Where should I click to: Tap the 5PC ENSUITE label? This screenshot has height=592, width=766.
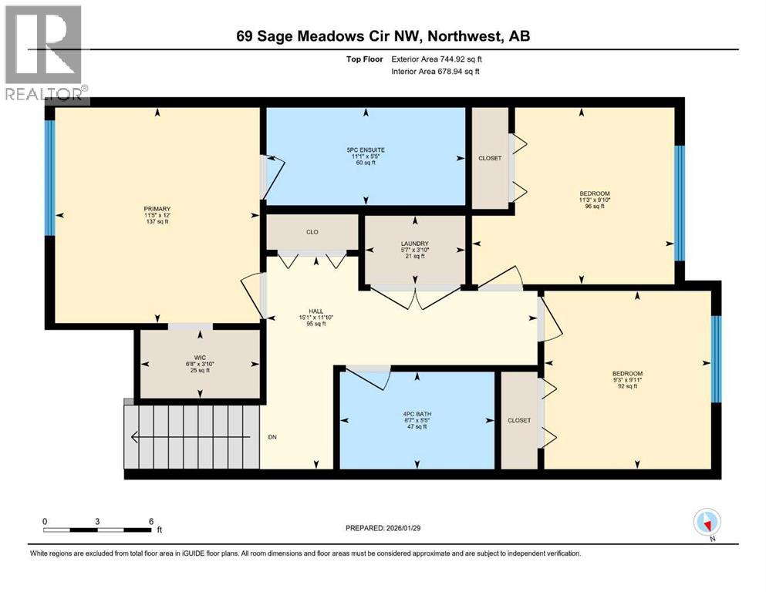tap(365, 150)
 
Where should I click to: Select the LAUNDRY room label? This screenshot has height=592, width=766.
tap(414, 244)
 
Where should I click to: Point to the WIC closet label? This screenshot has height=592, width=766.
tap(199, 356)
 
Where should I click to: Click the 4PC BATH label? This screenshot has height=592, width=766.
tap(417, 414)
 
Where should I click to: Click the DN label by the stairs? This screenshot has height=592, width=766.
tap(272, 436)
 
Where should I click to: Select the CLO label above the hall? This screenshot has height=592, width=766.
tap(312, 232)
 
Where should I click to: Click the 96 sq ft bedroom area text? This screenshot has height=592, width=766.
tap(594, 207)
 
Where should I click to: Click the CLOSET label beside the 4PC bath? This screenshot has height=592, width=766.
tap(519, 420)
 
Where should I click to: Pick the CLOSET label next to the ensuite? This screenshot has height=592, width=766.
tap(489, 158)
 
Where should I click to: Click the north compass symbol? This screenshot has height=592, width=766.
tap(707, 523)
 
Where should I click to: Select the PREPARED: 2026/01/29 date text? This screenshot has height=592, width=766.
tap(383, 528)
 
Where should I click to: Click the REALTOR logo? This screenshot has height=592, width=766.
tap(44, 54)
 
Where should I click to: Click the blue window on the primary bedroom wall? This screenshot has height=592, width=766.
tap(49, 177)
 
